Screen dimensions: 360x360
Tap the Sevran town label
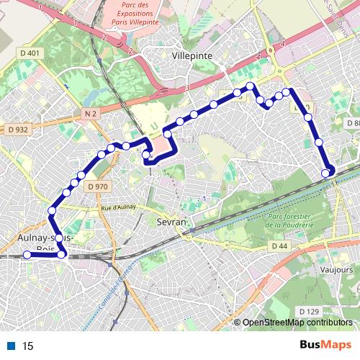[x=171, y=222]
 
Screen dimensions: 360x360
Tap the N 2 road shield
[x=90, y=114]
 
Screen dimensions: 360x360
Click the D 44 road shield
[x=279, y=246]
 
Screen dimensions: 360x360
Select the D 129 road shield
[x=308, y=311]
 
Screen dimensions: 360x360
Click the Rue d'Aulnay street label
[x=120, y=208]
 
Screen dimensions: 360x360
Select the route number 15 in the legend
[x=28, y=346]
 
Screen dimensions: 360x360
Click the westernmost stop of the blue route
[x=27, y=254]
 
